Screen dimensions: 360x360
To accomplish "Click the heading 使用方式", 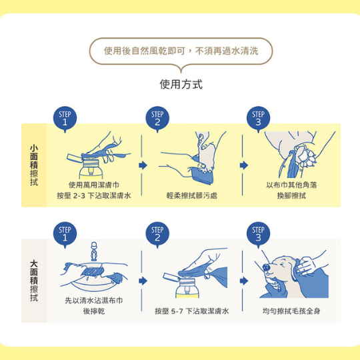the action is [181, 84].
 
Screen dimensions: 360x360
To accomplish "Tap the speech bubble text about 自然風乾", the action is [181, 51].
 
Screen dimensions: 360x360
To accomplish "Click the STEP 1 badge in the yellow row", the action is [65, 119].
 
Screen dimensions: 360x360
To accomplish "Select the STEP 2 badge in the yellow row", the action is [157, 119].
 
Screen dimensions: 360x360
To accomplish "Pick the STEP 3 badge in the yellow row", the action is [258, 119].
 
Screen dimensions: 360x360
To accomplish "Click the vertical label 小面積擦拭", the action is [34, 165].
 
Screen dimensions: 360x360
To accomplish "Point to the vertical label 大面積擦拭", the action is [34, 281].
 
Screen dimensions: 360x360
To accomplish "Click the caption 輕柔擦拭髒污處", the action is [192, 195].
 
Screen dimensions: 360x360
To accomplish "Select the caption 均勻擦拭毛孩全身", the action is [291, 311].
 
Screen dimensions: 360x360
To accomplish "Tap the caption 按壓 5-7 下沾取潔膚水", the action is [192, 311].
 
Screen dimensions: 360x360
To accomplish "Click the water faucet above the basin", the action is [94, 251].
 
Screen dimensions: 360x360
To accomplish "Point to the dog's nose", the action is [266, 267].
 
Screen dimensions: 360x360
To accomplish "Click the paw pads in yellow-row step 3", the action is [306, 156].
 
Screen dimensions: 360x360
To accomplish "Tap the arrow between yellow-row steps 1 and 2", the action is [143, 165].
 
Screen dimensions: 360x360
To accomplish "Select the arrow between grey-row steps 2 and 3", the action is [244, 281].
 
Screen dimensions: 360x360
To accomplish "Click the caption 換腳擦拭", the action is [291, 195].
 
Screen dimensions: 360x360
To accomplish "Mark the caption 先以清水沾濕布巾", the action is [94, 300].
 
